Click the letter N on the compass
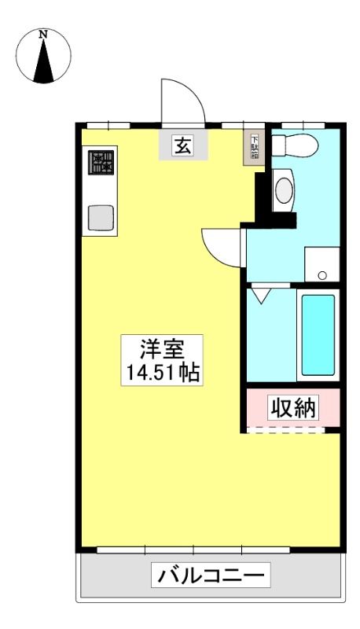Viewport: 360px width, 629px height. coord(44,35)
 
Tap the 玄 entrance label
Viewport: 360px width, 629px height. coord(183,145)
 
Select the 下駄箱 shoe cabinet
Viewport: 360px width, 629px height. coord(254,148)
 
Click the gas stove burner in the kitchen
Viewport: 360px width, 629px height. coord(101,163)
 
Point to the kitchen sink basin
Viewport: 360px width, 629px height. coord(101,218)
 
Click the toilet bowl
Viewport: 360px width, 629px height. coord(295,145)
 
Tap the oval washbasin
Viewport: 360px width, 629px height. coord(285,189)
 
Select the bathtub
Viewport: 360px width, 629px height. coord(318,335)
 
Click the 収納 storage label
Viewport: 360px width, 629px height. coord(293,407)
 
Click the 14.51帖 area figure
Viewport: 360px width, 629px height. coord(163,373)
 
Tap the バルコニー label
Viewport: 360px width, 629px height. coord(211,576)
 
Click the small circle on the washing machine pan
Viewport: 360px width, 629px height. coord(322,275)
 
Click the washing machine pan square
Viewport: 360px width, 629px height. coord(322,264)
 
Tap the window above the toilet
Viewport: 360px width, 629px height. coord(303,126)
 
